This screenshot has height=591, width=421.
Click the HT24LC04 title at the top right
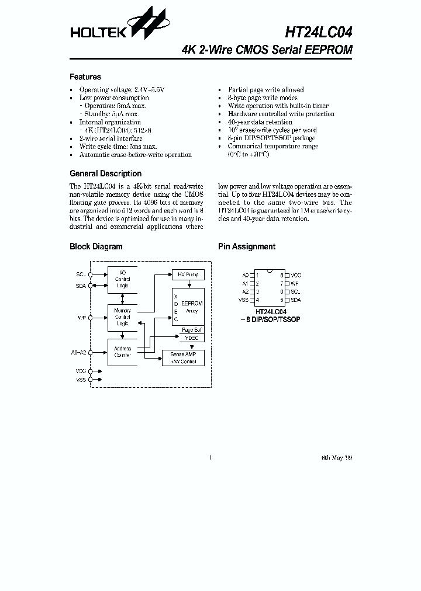(x=319, y=30)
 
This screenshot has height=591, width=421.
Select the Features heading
(x=85, y=77)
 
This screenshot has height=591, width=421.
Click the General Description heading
(x=105, y=173)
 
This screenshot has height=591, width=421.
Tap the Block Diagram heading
(x=96, y=246)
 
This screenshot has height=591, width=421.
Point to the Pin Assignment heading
(x=247, y=246)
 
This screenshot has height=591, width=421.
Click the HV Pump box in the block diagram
(x=188, y=274)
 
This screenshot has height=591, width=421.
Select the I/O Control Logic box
(x=122, y=279)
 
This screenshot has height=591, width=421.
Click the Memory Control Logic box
(x=122, y=317)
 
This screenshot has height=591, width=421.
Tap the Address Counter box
(x=122, y=352)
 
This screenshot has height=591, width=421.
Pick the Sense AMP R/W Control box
(x=183, y=358)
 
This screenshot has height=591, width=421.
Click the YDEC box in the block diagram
(x=191, y=338)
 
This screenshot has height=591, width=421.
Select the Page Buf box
(x=191, y=330)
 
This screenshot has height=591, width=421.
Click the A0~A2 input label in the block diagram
(x=78, y=352)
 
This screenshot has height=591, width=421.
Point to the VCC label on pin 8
(x=296, y=275)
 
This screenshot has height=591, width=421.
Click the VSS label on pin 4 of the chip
(x=243, y=300)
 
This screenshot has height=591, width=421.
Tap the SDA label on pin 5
(x=296, y=300)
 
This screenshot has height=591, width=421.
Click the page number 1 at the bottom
(x=210, y=457)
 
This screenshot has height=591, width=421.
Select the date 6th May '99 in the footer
(x=337, y=457)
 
